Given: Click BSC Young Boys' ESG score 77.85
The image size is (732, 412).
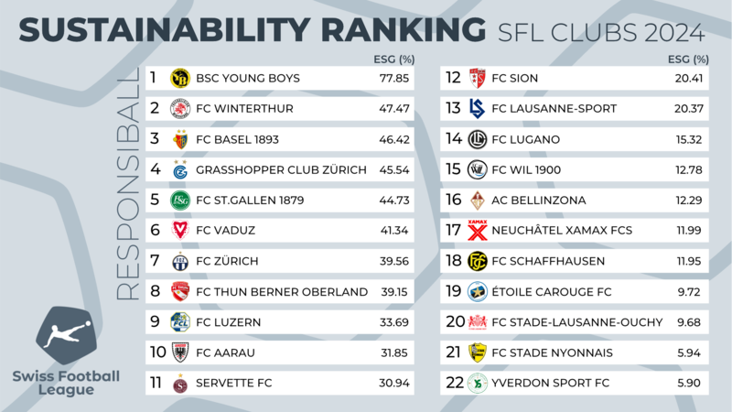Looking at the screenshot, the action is point(394,78).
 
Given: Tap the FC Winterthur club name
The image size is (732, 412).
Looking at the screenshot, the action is point(244,108).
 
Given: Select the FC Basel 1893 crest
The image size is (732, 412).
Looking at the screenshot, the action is point(180,139).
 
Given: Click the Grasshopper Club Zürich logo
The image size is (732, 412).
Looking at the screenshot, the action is point(180,169).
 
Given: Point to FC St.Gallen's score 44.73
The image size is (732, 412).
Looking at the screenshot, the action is point(394,200).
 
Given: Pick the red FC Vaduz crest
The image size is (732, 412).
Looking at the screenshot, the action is point(180,231).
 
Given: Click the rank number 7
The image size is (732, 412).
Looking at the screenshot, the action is point(155,261).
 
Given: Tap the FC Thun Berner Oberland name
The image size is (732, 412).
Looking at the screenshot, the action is point(282,291).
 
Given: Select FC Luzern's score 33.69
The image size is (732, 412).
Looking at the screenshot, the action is point(394,322).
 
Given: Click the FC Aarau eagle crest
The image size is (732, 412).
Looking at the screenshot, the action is point(180,352).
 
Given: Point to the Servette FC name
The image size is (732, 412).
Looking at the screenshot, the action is point(234,383).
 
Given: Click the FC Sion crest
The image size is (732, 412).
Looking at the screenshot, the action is point(477,78).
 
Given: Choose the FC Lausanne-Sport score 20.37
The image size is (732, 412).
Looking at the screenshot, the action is point(689,108).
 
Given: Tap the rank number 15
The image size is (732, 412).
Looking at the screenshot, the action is point(453,169).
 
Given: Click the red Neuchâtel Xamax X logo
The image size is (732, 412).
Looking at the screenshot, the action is point(477,231).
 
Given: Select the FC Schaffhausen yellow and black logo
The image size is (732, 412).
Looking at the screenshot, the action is point(477,261).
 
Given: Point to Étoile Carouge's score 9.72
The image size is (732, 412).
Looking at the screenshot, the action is point(689,291).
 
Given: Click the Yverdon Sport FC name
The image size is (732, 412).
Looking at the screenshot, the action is point(551,383).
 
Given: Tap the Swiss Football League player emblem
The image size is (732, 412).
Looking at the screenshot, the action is point(66,335).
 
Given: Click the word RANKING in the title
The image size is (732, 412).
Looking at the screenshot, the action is point(404,30).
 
